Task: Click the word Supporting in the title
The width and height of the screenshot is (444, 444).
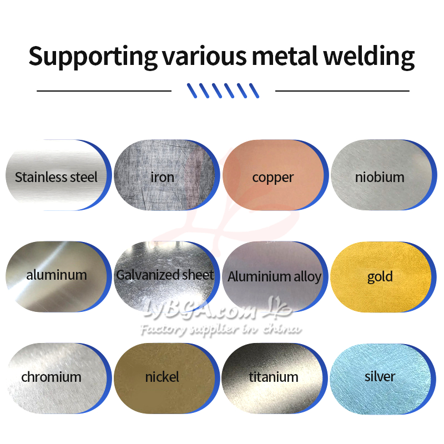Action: click(x=93, y=57)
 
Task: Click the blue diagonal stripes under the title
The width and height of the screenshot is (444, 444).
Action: click(x=223, y=90)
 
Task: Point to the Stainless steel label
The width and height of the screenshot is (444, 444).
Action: click(x=56, y=177)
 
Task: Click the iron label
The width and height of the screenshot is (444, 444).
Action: click(x=162, y=178)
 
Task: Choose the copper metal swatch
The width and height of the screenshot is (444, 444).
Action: click(x=273, y=175)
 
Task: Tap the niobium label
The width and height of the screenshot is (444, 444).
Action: click(x=380, y=177)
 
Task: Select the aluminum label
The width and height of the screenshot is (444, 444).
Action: click(x=57, y=275)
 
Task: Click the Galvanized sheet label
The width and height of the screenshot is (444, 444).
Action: click(x=165, y=275)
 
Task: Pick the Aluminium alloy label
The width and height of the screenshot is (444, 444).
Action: click(x=274, y=276)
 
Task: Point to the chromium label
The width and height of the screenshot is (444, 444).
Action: click(x=51, y=377)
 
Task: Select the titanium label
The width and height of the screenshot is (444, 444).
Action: click(x=274, y=377)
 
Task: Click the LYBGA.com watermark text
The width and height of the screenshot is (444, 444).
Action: click(x=201, y=309)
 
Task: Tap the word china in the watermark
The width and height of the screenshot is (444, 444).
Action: click(x=281, y=329)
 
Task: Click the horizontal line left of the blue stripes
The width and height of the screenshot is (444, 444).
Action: click(x=104, y=91)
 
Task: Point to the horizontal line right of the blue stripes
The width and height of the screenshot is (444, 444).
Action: click(x=342, y=91)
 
